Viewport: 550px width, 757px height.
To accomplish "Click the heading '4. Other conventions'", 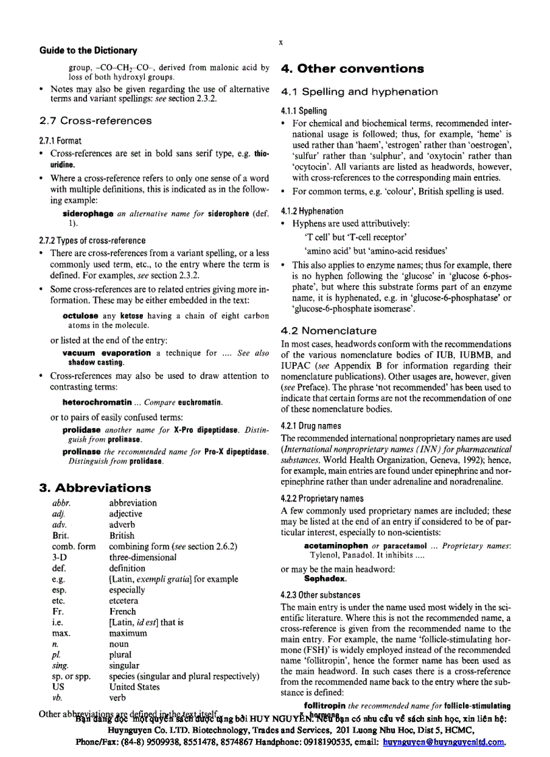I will pyautogui.click(x=352, y=69).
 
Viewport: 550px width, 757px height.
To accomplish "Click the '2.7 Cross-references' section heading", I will pyautogui.click(x=95, y=121).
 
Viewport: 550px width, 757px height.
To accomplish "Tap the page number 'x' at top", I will pyautogui.click(x=280, y=42).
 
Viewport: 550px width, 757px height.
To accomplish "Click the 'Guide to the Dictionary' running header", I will pyautogui.click(x=88, y=51).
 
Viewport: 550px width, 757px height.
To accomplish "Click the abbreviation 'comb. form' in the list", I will pyautogui.click(x=73, y=546).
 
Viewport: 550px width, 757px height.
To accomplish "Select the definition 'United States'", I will pyautogui.click(x=134, y=687).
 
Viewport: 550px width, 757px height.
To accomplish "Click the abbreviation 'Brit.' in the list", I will pyautogui.click(x=61, y=535).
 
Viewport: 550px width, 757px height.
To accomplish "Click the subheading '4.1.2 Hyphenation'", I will pyautogui.click(x=312, y=211).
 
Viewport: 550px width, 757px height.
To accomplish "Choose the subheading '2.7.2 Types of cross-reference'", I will pyautogui.click(x=92, y=240).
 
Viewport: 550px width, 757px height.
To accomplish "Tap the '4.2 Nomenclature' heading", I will pyautogui.click(x=328, y=331).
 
